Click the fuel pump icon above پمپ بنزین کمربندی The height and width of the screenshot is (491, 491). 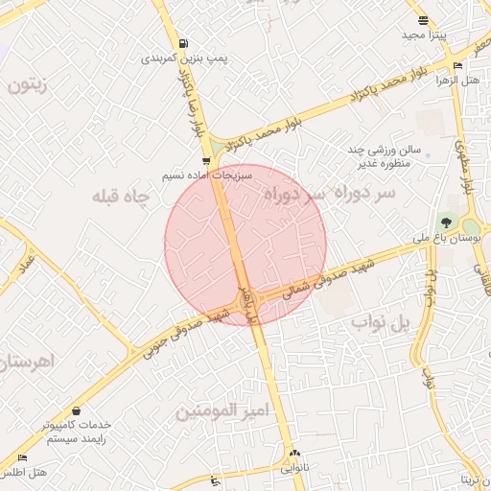click(183, 43)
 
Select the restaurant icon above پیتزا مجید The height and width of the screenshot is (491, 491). click(422, 20)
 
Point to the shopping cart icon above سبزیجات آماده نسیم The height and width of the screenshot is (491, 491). click(206, 161)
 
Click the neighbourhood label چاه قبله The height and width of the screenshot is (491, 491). click(122, 197)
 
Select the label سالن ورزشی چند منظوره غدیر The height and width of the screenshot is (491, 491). click(385, 156)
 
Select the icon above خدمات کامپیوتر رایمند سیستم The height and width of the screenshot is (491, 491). click(76, 410)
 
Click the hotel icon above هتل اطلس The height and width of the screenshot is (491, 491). click(23, 458)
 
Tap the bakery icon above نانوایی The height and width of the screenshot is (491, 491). click(294, 454)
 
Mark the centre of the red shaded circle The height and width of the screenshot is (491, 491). click(245, 245)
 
